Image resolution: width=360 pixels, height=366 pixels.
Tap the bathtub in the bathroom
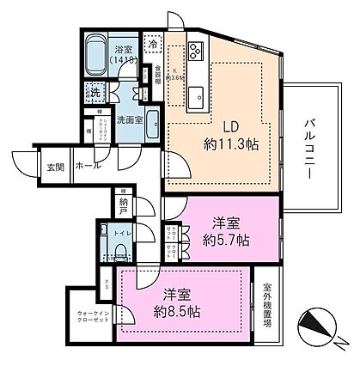pos(100,53)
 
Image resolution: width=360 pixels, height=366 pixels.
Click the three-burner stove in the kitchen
pos(196,50)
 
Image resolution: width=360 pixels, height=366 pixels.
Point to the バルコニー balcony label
pos(307,145)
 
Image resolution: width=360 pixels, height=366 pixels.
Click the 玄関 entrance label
pos(56,166)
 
